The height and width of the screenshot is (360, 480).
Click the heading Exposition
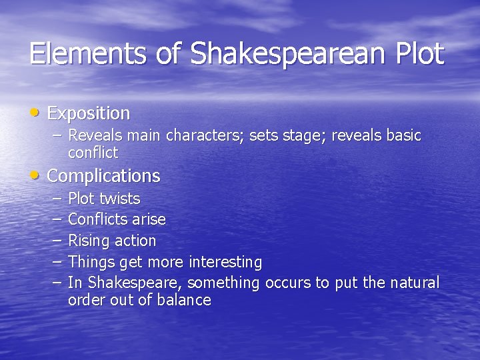(x=89, y=113)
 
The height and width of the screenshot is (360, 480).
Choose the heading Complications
(x=104, y=176)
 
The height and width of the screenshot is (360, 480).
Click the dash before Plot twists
(x=56, y=199)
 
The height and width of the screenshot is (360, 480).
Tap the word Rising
(x=89, y=241)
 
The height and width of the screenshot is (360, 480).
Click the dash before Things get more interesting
(x=56, y=261)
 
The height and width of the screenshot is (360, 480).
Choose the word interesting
(x=225, y=261)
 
